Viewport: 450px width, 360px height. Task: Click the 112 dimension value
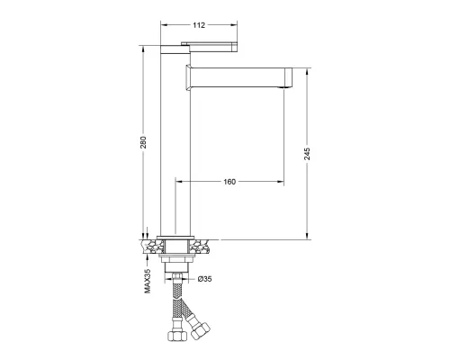(x=199, y=25)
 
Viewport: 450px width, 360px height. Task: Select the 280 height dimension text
(x=143, y=142)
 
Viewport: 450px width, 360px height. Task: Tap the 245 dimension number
(x=307, y=154)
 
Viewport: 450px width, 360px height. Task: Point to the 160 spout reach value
(x=229, y=182)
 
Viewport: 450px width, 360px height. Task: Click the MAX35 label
(x=148, y=281)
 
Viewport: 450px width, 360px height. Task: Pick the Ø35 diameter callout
(x=204, y=279)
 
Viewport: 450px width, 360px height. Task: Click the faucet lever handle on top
(x=210, y=47)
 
